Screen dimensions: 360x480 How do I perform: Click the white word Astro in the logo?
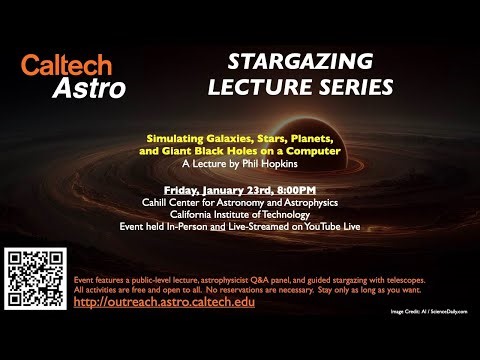click(x=90, y=89)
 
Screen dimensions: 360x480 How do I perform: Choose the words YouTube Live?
click(x=328, y=227)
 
